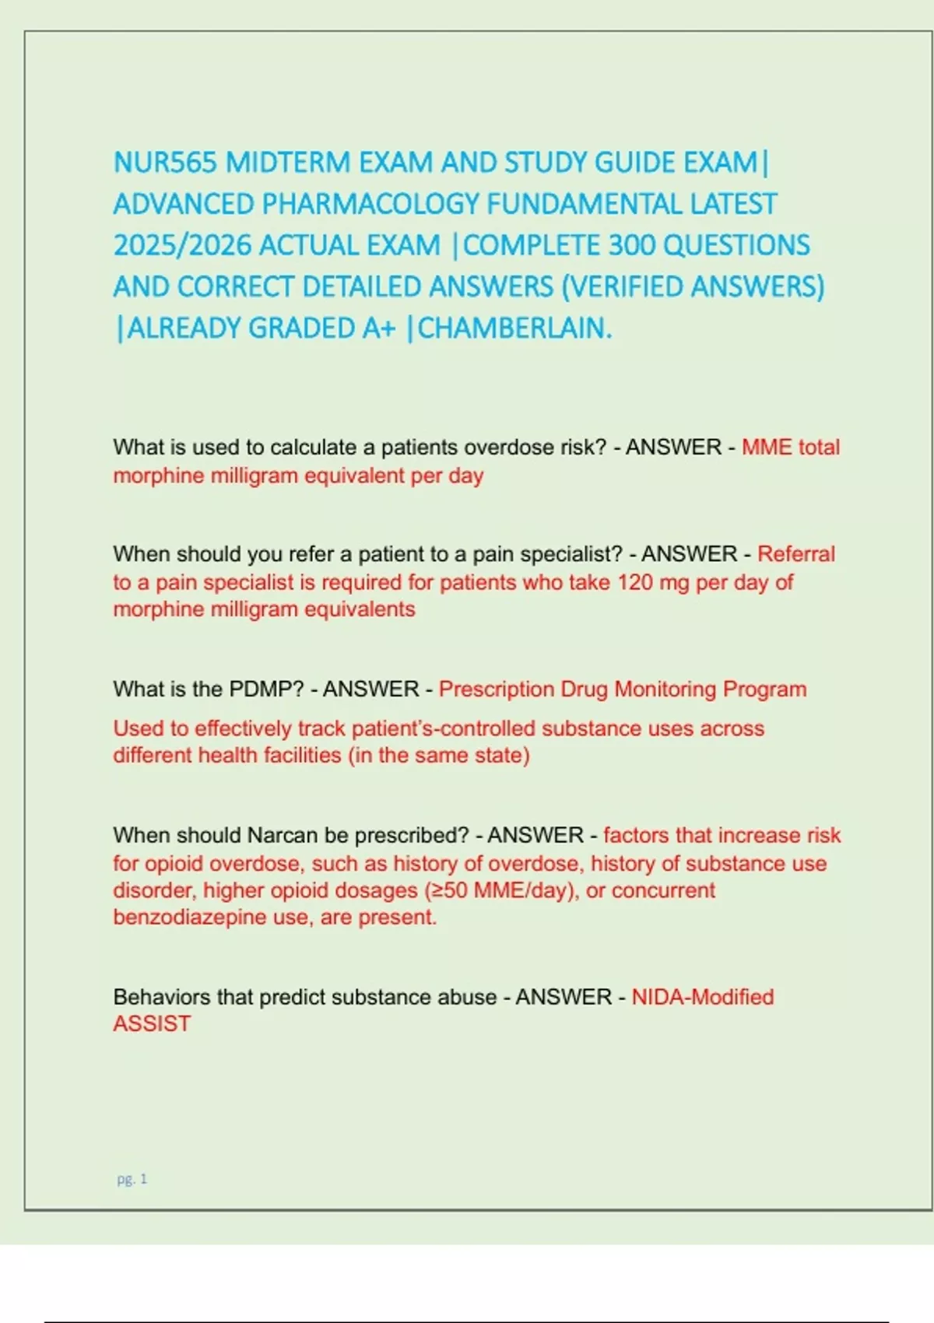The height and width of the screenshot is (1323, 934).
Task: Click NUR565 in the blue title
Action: click(x=165, y=163)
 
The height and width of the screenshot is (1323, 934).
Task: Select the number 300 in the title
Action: click(x=631, y=245)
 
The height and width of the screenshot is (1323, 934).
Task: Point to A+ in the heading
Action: click(x=379, y=328)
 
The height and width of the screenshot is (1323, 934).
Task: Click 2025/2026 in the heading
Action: click(x=182, y=245)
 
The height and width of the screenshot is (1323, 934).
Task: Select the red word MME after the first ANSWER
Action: click(x=767, y=447)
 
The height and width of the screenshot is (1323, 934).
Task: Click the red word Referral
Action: click(x=795, y=554)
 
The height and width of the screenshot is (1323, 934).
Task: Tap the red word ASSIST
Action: click(x=152, y=1024)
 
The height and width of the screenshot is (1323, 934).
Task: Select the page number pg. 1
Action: click(x=132, y=1179)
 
